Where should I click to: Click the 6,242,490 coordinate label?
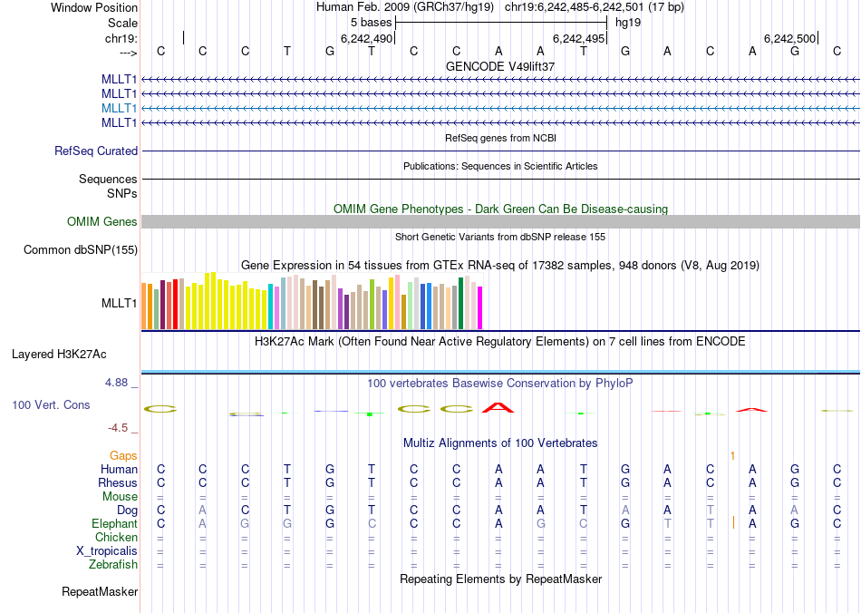pyautogui.click(x=366, y=38)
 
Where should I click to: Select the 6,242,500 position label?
pyautogui.click(x=789, y=38)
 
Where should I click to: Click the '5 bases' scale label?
pyautogui.click(x=368, y=22)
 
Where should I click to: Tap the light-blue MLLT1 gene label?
pyautogui.click(x=120, y=108)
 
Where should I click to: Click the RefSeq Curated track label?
pyautogui.click(x=96, y=151)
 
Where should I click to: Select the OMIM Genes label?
pyautogui.click(x=102, y=222)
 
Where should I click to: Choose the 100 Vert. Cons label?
pyautogui.click(x=51, y=404)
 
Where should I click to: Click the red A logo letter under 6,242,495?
pyautogui.click(x=498, y=407)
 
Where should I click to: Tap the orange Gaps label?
pyautogui.click(x=123, y=455)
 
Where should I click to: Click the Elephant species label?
pyautogui.click(x=114, y=524)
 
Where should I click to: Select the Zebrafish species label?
pyautogui.click(x=114, y=564)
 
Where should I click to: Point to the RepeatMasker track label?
pyautogui.click(x=100, y=592)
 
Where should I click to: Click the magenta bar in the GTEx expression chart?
pyautogui.click(x=480, y=308)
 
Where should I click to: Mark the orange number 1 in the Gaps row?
pyautogui.click(x=732, y=455)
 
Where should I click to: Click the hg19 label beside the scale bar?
pyautogui.click(x=628, y=22)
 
